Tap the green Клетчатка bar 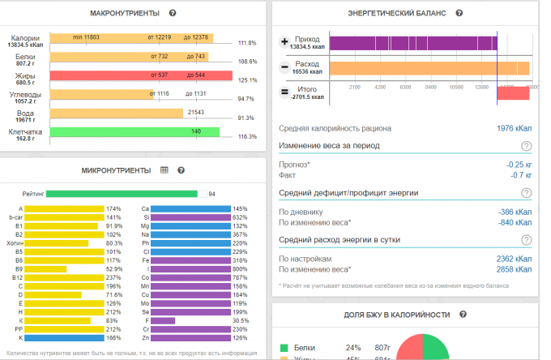(x=135, y=131)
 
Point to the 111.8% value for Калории (x=246, y=43)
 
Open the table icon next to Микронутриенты (x=164, y=170)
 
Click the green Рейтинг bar (x=122, y=194)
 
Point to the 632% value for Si (x=240, y=217)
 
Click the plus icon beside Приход (x=284, y=41)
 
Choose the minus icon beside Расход (x=284, y=67)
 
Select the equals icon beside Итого (x=284, y=92)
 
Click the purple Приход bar (x=412, y=42)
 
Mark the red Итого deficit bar (x=512, y=93)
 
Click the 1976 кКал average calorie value (x=514, y=128)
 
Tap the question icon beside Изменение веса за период (x=526, y=146)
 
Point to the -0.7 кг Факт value (x=519, y=174)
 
